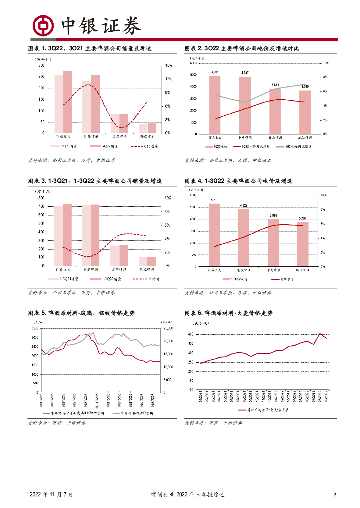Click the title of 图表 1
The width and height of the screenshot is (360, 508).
pos(89,49)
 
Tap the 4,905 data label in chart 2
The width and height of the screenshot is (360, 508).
pos(215,72)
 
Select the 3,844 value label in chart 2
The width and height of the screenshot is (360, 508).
pos(275,85)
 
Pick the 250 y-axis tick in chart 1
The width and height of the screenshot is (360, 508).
pos(41,76)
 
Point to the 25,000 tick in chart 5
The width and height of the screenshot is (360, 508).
pos(167,328)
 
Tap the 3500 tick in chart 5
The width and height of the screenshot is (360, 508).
pos(34,328)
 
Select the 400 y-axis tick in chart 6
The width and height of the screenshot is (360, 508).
pos(190,334)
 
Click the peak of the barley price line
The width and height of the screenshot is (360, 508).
pos(320,334)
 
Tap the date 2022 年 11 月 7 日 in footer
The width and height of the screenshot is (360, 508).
pos(51,495)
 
